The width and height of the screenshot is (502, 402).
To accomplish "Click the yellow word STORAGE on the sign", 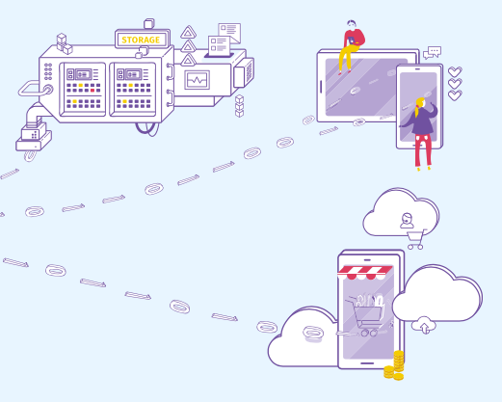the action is (x=141, y=40).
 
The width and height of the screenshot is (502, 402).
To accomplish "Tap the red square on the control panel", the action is (x=92, y=91).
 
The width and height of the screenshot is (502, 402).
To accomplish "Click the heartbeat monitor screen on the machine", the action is (x=197, y=80).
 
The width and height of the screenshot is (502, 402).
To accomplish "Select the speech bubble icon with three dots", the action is (x=433, y=53).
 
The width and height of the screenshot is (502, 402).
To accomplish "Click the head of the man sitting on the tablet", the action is (x=352, y=25).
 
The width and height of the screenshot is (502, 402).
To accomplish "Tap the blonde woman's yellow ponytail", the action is (x=417, y=107).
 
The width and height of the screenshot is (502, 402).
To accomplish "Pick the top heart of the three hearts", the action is (x=455, y=72).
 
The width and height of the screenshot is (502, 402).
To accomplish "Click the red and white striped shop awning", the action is (x=365, y=273).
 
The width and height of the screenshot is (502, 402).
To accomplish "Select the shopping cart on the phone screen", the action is (x=365, y=316).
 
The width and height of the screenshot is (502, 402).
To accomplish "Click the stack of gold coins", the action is (x=395, y=366).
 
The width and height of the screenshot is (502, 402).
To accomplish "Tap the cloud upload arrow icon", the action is (x=424, y=325).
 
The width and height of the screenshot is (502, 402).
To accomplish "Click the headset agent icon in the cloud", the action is (x=407, y=221).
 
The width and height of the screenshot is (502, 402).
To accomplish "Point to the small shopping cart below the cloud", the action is (x=415, y=240).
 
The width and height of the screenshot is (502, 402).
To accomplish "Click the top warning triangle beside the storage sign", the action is (x=188, y=33).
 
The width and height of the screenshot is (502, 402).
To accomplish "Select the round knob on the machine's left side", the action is (x=48, y=90).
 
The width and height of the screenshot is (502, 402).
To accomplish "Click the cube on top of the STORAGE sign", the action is (x=149, y=24).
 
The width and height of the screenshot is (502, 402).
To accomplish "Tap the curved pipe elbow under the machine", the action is (x=34, y=114).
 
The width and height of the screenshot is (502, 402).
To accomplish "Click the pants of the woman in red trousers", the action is (x=423, y=150).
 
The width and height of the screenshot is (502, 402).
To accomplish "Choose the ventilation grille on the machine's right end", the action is (x=249, y=71).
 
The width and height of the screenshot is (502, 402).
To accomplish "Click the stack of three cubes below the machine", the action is (x=239, y=106).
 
